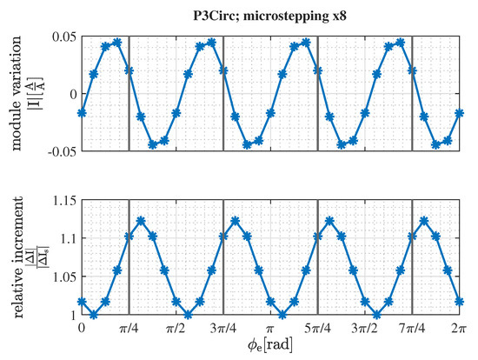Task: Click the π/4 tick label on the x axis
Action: pos(129,331)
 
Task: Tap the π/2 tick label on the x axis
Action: pos(176,331)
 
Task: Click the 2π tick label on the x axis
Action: pos(460,331)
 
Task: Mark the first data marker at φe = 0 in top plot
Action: pos(82,113)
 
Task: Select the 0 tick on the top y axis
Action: pos(70,93)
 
